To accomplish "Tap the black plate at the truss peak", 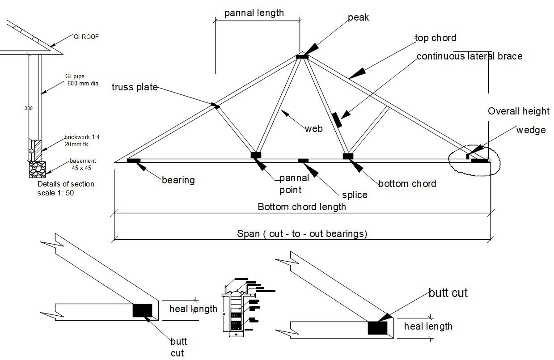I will point(302,56).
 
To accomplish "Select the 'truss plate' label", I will point(135,87).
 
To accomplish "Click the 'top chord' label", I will point(435,38).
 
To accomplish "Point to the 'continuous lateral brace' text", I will point(469,56).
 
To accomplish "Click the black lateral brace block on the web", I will point(337,120).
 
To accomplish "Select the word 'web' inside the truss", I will point(313,129).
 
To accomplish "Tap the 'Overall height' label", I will point(518,111).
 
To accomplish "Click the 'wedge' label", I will point(531,130).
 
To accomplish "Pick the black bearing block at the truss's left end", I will point(134,161).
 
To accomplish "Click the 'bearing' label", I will point(178,180).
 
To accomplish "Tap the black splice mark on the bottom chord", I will point(303,161).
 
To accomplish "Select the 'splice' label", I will point(354,195).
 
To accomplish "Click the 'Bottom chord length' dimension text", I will point(302,207).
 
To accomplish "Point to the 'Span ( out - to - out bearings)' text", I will point(302,233).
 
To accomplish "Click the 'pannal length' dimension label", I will point(254,13).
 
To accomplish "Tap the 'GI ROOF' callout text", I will point(86,37).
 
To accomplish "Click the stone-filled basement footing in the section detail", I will point(38,170).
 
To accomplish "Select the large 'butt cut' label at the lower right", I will point(448,293).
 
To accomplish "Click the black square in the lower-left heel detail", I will point(142,310).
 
